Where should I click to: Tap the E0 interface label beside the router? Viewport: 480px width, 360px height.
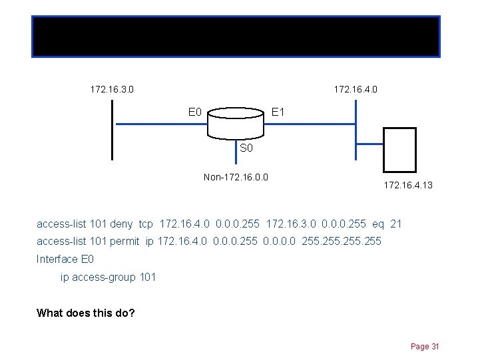pyautogui.click(x=195, y=112)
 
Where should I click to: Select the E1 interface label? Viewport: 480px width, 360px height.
pyautogui.click(x=278, y=112)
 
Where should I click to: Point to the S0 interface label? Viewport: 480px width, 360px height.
pyautogui.click(x=246, y=148)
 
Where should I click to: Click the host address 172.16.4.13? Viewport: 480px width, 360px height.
pyautogui.click(x=407, y=185)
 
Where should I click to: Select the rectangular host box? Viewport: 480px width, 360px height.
pyautogui.click(x=400, y=150)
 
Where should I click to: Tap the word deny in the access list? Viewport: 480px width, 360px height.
pyautogui.click(x=122, y=224)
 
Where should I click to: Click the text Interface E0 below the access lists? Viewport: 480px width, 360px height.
pyautogui.click(x=65, y=259)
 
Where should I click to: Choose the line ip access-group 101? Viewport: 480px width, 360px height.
pyautogui.click(x=109, y=277)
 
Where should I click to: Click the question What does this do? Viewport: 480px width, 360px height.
pyautogui.click(x=86, y=313)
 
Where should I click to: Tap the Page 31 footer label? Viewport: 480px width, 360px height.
pyautogui.click(x=425, y=347)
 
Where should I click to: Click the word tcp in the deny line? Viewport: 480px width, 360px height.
pyautogui.click(x=146, y=224)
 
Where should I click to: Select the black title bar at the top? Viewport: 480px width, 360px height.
pyautogui.click(x=236, y=36)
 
